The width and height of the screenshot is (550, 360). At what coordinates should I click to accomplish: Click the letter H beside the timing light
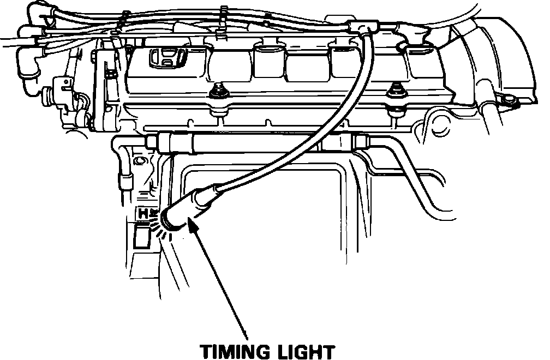pyautogui.click(x=143, y=213)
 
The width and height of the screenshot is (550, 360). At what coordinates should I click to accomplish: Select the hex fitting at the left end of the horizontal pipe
pyautogui.click(x=152, y=141)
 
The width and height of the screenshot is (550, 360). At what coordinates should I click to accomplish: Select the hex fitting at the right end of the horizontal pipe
pyautogui.click(x=361, y=142)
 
